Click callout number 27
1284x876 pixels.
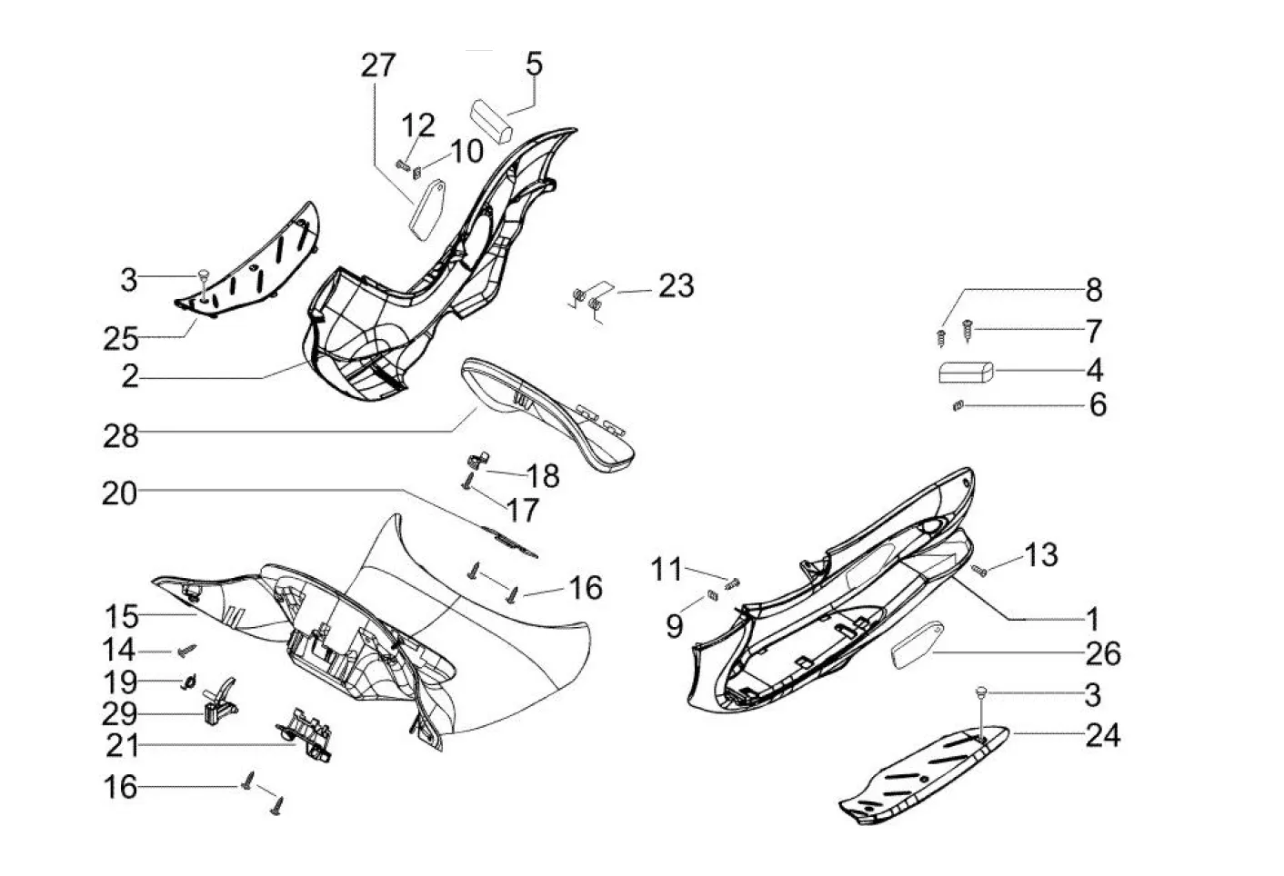point(377,65)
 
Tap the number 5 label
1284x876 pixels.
point(534,64)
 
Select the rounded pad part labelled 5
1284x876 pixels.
point(491,122)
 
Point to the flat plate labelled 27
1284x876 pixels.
point(427,210)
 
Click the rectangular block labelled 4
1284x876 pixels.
point(966,372)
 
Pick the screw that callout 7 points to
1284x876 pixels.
point(968,331)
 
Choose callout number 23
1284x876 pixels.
point(676,286)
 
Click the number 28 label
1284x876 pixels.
point(120,436)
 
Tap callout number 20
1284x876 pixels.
point(119,493)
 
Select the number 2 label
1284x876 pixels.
point(130,376)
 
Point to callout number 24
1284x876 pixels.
point(1103,736)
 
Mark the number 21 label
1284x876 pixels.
point(122,745)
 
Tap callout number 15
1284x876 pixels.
point(122,617)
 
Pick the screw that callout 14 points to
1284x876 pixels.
point(186,650)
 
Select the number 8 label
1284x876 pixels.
point(1094,291)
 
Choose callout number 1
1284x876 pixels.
point(1092,620)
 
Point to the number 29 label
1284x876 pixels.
point(120,714)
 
